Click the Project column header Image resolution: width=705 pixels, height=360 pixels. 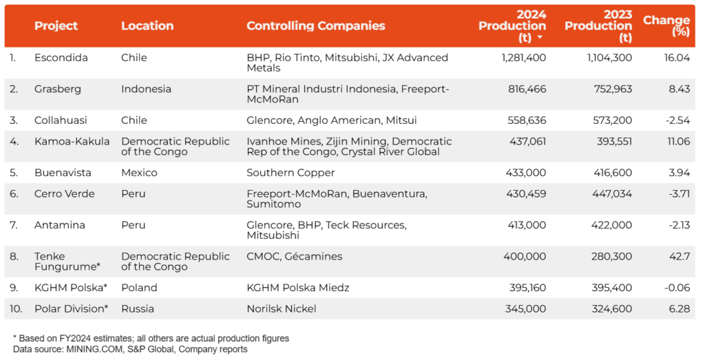click(x=56, y=26)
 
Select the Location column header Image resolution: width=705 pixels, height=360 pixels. click(x=147, y=26)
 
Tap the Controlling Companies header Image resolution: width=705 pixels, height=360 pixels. click(x=315, y=26)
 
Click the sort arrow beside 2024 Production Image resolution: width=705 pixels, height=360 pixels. click(x=540, y=38)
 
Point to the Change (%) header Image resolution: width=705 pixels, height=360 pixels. click(x=666, y=26)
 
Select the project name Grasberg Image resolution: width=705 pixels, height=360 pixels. click(x=57, y=89)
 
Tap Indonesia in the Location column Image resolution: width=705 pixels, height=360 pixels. click(x=146, y=89)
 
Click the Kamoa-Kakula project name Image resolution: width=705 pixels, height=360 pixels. click(x=72, y=141)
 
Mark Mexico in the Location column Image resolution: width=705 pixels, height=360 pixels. click(x=139, y=173)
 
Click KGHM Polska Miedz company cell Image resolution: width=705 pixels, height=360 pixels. click(x=297, y=288)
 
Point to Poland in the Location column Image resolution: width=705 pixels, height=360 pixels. click(x=139, y=288)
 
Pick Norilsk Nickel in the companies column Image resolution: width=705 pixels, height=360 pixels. click(x=281, y=308)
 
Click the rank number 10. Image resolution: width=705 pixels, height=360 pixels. click(x=16, y=308)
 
